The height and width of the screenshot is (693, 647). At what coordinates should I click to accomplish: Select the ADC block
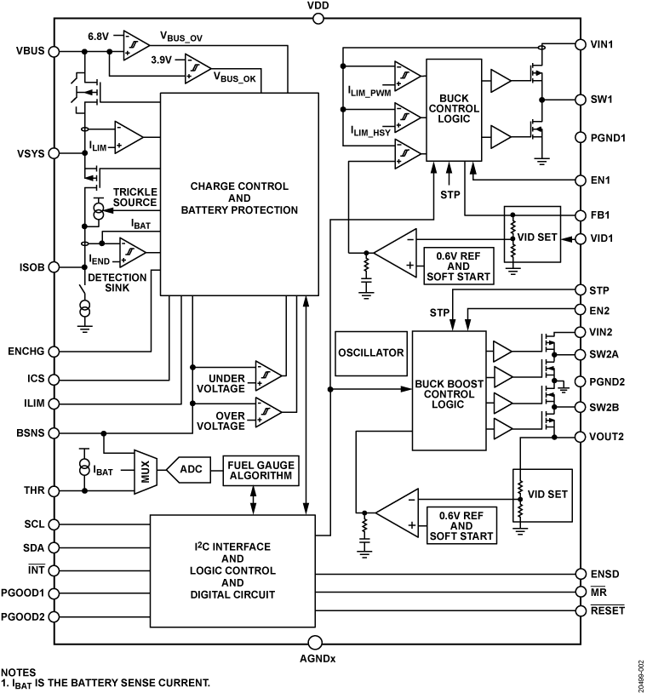pos(194,467)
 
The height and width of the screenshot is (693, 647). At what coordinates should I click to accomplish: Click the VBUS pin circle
pos(55,50)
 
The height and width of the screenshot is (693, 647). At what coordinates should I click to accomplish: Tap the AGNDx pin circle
pos(314,642)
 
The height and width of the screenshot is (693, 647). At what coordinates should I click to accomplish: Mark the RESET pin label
pos(607,610)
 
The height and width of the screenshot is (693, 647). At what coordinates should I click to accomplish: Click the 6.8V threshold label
pos(100,37)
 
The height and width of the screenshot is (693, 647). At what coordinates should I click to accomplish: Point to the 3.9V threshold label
pos(162,61)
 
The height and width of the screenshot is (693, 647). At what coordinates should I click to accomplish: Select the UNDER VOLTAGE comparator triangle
pos(268,375)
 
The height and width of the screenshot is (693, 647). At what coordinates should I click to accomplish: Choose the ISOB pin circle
pos(55,266)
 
